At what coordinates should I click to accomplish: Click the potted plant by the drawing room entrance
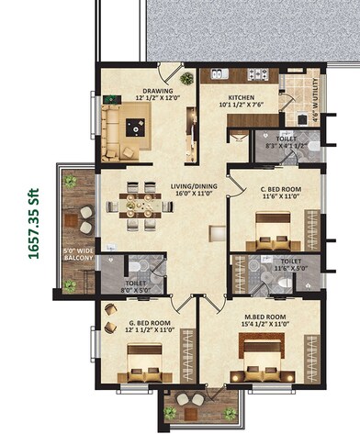[187, 79]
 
